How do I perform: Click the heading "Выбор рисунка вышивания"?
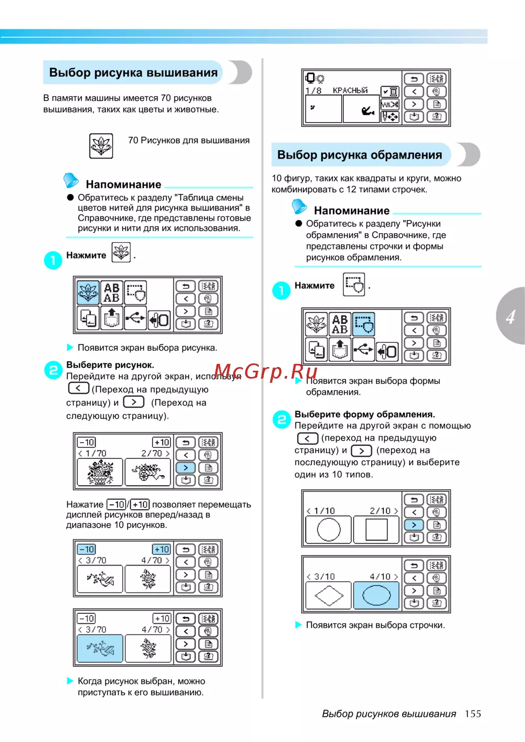tap(133, 72)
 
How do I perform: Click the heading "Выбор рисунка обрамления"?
tap(360, 155)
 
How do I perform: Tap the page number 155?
tap(472, 714)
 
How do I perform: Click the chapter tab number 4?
tap(510, 317)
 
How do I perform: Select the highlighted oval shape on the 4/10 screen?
tap(376, 595)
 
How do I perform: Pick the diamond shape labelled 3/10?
tap(329, 595)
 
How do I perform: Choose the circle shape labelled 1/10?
tap(329, 529)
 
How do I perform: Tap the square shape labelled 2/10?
tap(376, 529)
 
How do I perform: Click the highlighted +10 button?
tap(162, 549)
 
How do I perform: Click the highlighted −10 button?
tap(87, 549)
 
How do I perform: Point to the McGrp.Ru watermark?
tap(266, 372)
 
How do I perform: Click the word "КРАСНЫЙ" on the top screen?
tap(350, 90)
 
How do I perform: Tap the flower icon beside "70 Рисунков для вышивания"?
tap(101, 145)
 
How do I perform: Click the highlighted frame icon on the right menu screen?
tap(363, 324)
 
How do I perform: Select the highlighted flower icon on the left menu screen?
tap(88, 292)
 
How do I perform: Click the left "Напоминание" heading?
tap(123, 184)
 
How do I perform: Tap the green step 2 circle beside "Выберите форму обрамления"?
tap(281, 420)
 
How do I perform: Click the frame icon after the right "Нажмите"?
tap(354, 284)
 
